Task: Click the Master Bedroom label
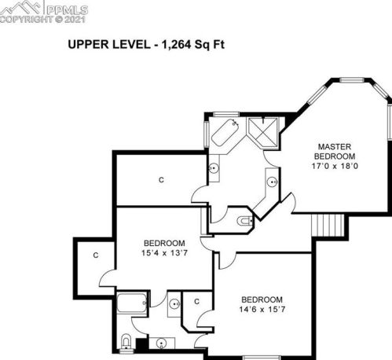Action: tap(335, 152)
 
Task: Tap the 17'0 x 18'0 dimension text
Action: tap(335, 166)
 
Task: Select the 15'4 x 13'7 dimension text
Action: tap(164, 253)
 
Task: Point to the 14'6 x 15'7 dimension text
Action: tap(262, 310)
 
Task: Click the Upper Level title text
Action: tap(146, 44)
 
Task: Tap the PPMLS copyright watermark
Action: tap(44, 12)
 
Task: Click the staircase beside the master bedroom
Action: tap(328, 225)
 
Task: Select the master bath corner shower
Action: tap(262, 133)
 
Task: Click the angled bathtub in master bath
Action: tap(225, 133)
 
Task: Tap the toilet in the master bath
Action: tap(245, 221)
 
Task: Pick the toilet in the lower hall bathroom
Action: tap(126, 342)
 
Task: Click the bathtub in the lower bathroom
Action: tap(131, 303)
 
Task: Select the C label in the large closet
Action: tap(162, 180)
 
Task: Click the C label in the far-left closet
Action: tap(96, 255)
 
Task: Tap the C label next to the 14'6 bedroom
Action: tap(197, 302)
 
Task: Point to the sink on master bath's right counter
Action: tap(273, 182)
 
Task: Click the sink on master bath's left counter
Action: tap(214, 167)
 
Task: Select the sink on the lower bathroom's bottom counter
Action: tap(161, 343)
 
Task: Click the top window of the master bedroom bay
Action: tap(352, 80)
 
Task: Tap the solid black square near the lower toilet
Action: tap(141, 344)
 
